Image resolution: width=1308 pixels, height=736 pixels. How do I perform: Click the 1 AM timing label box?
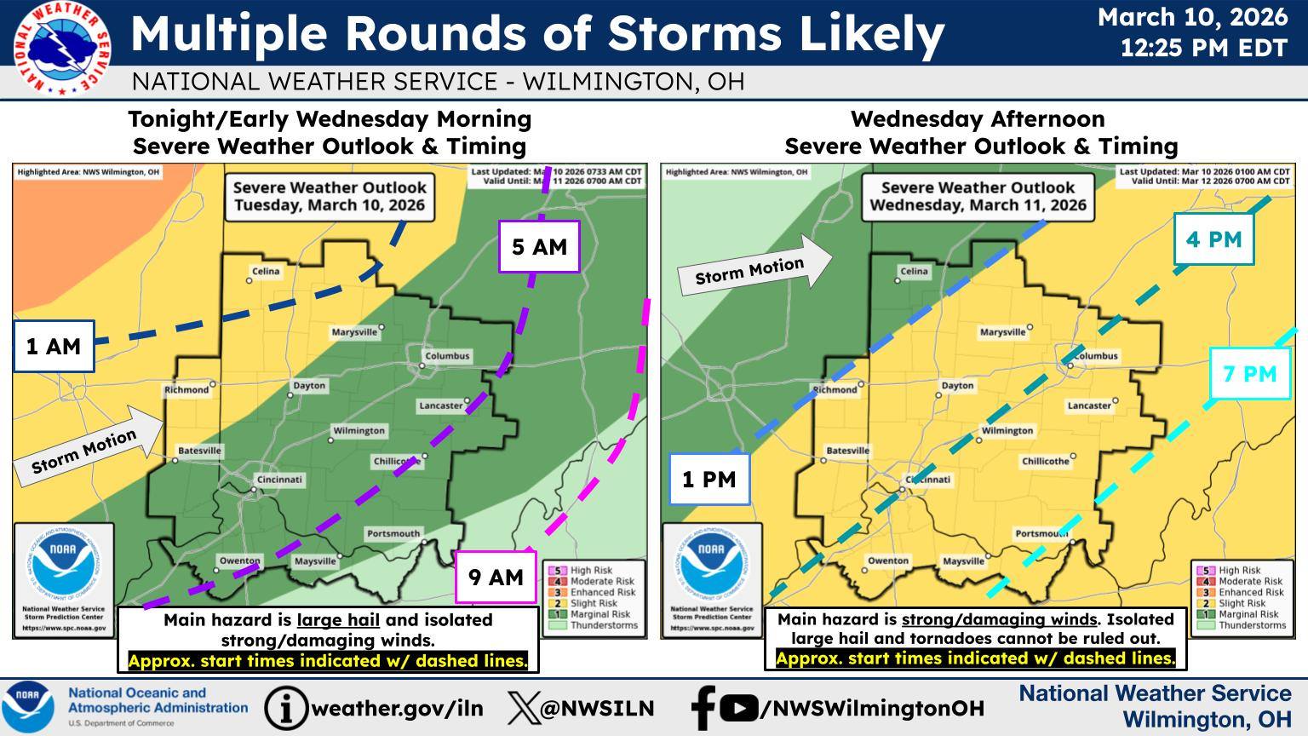point(53,347)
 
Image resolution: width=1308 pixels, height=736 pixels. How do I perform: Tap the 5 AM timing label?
point(539,247)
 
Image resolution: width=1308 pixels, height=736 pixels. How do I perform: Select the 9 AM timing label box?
point(496,578)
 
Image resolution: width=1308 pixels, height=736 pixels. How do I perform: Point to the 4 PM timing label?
point(1213,239)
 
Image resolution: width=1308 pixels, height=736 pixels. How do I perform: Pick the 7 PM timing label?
point(1249,374)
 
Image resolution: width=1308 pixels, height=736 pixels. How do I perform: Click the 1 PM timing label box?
point(708,480)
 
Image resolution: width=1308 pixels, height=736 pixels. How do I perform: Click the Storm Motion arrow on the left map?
point(88,446)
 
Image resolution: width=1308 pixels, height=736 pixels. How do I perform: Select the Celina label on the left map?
point(266,272)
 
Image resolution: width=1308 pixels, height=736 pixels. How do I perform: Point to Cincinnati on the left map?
point(279,480)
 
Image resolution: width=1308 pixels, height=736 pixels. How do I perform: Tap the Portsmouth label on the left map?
point(393,534)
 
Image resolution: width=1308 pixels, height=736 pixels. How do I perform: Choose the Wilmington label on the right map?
point(1007,431)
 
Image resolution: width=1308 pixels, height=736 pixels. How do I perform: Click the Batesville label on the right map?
point(847,451)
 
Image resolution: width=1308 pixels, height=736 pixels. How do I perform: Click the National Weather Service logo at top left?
point(61,48)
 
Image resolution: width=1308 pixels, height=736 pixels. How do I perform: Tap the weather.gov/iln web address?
point(397,708)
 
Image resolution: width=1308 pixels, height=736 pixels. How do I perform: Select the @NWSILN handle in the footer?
point(596,708)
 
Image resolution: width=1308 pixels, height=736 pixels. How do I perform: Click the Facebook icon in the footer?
point(703,708)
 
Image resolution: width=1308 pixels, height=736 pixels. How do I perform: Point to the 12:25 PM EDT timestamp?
point(1203,48)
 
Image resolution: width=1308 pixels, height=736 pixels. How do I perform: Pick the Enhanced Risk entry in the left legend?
point(602,592)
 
